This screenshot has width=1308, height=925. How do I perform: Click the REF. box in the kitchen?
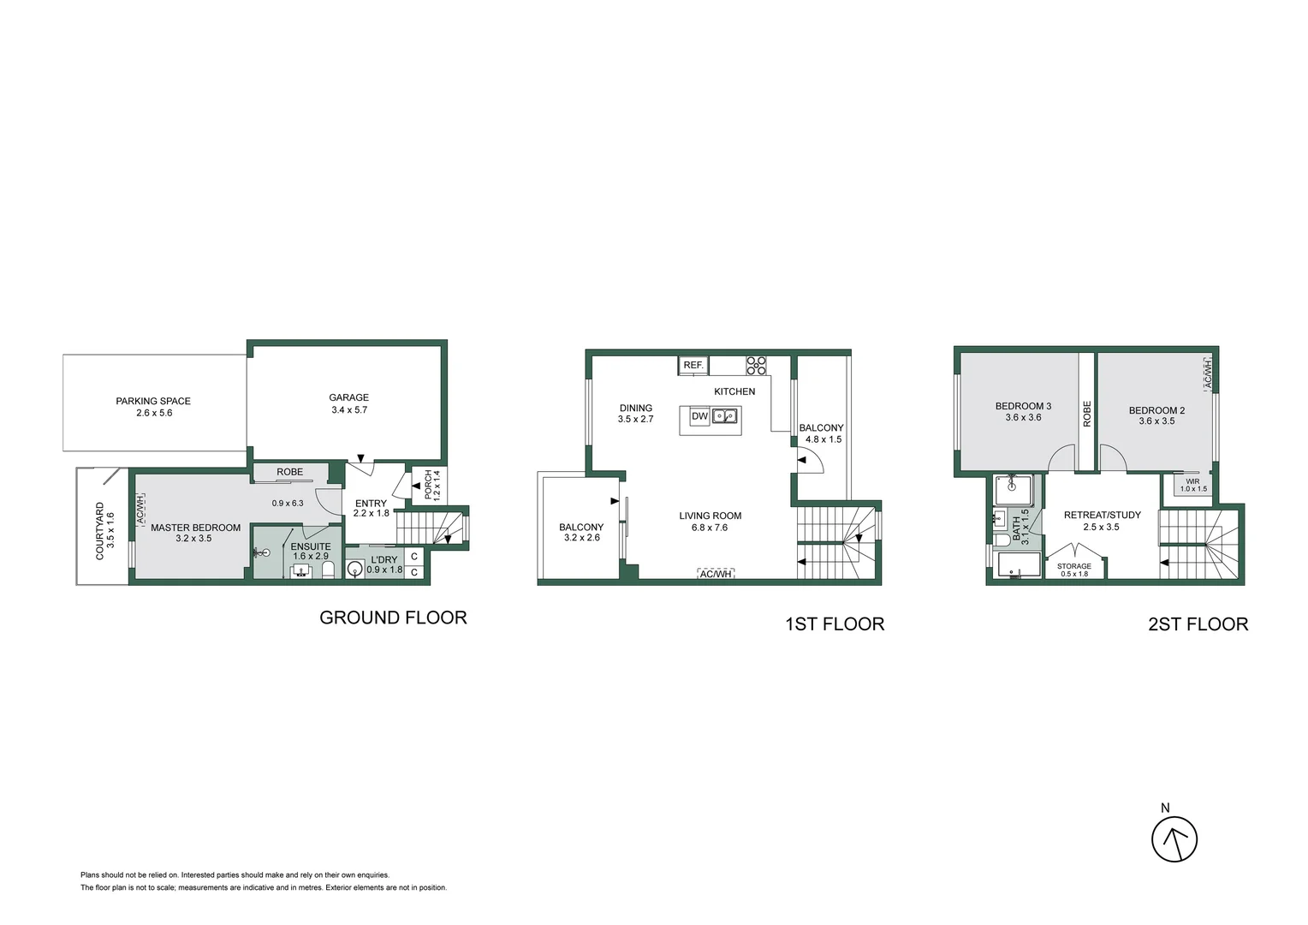point(693,366)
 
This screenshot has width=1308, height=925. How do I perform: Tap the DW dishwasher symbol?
point(699,417)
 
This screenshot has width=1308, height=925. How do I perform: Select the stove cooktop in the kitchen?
point(756,366)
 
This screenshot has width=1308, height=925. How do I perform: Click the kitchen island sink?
point(725,417)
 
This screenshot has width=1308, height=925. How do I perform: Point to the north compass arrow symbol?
point(1174,839)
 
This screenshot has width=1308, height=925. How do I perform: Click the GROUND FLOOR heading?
point(393,618)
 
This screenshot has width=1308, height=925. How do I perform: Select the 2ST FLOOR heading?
point(1198,624)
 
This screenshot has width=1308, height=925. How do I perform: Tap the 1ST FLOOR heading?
point(835,624)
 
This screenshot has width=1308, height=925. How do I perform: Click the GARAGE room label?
point(349,397)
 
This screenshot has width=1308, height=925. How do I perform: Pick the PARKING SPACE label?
point(153,401)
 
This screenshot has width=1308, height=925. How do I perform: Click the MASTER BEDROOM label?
point(195,528)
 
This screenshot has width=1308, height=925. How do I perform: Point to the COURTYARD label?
point(100,531)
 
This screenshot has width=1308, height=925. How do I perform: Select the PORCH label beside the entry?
point(429,485)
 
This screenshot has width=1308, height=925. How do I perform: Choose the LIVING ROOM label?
point(710,516)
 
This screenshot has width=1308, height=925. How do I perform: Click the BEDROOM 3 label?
point(1023,406)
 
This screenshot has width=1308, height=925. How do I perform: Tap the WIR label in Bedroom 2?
point(1192,481)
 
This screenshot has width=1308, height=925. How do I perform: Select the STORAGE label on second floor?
point(1073,566)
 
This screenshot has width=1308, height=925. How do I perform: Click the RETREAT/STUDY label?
point(1102,515)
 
